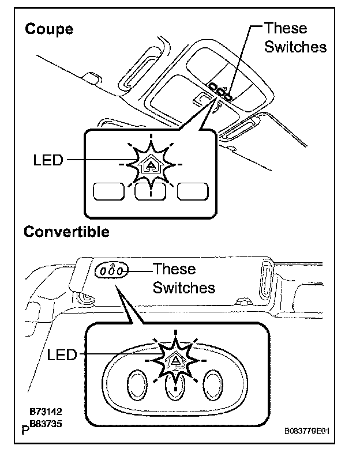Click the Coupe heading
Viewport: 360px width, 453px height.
pyautogui.click(x=49, y=29)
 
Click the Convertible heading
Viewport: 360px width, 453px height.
pyautogui.click(x=66, y=232)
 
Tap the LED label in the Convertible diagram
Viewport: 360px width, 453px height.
pyautogui.click(x=62, y=355)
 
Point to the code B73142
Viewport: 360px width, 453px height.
pyautogui.click(x=46, y=413)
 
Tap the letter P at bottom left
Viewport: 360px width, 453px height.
pyautogui.click(x=25, y=429)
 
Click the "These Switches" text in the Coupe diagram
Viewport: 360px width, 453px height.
pyautogui.click(x=294, y=37)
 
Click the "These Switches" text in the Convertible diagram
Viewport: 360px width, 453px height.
pyautogui.click(x=183, y=278)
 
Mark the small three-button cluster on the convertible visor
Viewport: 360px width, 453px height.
pyautogui.click(x=110, y=270)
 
